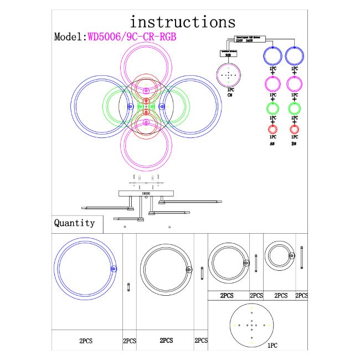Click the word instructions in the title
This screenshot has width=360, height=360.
point(182,22)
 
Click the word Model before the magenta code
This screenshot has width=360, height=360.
point(69,37)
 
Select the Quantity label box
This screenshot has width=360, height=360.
point(74,223)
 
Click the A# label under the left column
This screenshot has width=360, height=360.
point(272,144)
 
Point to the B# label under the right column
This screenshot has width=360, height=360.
point(294,144)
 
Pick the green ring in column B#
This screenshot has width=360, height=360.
point(294,107)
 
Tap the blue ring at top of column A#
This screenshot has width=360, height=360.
point(272,55)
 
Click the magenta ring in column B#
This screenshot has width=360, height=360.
point(294,84)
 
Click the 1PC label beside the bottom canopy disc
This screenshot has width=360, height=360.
point(272,345)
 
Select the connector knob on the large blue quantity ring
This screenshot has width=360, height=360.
point(114,269)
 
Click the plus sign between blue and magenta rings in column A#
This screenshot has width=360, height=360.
point(272,71)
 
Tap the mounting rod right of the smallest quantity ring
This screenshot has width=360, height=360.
point(301,258)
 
